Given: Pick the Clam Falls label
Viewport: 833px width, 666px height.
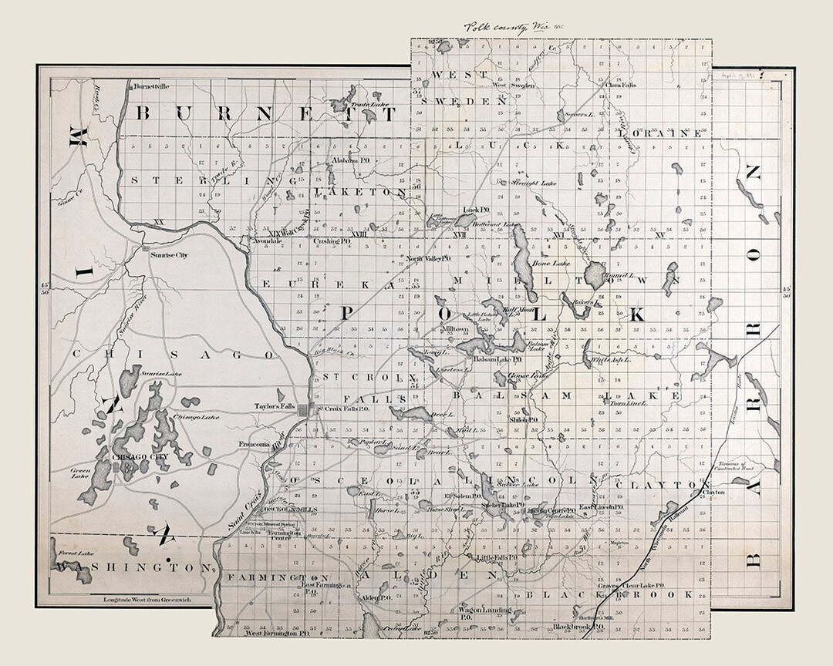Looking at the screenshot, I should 619,85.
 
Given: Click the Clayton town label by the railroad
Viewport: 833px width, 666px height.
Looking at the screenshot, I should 713,491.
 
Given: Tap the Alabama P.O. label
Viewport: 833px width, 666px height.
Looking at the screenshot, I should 347,160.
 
